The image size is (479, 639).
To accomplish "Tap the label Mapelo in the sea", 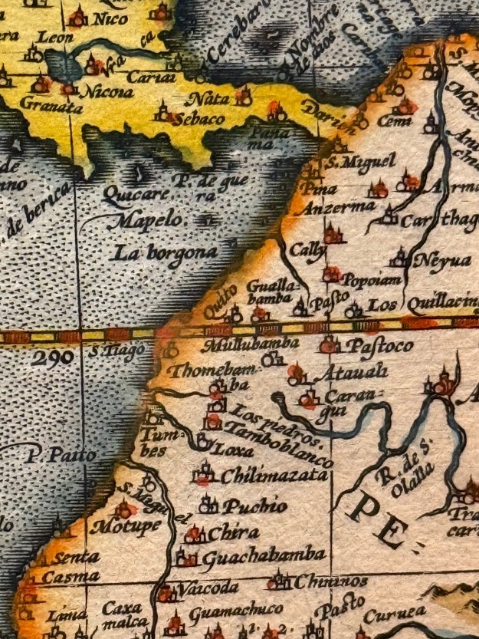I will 136,222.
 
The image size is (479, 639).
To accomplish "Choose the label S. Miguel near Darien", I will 361,162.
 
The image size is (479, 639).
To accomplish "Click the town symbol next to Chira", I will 195,533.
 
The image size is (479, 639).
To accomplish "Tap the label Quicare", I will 133,195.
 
